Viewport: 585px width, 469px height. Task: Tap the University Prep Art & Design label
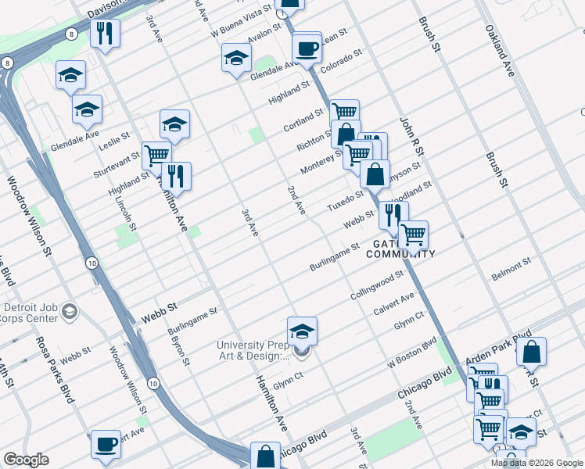(x=252, y=349)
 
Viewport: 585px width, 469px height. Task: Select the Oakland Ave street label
(x=500, y=52)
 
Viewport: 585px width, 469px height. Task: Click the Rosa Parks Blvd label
(x=55, y=369)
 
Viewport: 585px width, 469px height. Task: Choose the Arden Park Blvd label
(x=499, y=345)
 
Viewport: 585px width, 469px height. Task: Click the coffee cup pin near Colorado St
(x=307, y=49)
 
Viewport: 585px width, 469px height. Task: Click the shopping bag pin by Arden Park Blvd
(x=531, y=352)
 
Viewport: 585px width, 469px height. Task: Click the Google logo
(x=26, y=460)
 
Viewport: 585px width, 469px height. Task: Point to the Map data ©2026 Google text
(x=537, y=463)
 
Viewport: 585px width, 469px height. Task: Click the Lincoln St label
(x=125, y=210)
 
